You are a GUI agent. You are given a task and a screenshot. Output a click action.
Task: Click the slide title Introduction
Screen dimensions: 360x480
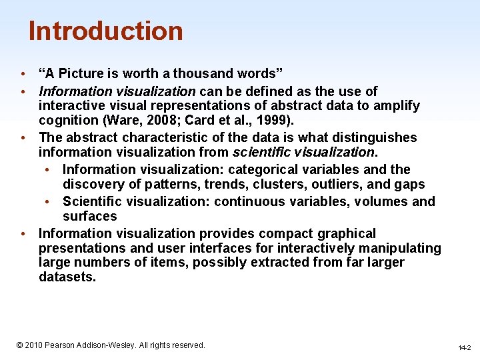pyautogui.click(x=105, y=31)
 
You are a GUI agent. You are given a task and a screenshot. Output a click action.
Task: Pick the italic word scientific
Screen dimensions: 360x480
pyautogui.click(x=261, y=152)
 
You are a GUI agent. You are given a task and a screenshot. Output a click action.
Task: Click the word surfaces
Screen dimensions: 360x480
pyautogui.click(x=89, y=216)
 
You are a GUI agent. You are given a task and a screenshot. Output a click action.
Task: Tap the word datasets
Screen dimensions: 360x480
pyautogui.click(x=67, y=277)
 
